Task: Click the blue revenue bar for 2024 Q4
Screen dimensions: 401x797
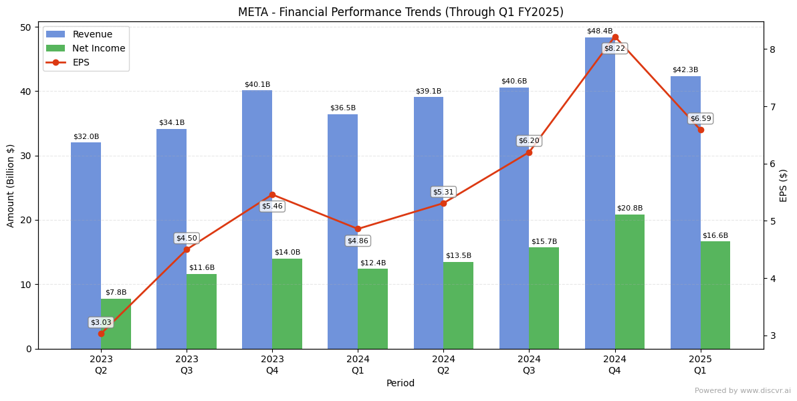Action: click(x=600, y=194)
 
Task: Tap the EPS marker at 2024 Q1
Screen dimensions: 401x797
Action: click(x=358, y=229)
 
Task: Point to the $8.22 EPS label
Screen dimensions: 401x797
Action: click(x=614, y=49)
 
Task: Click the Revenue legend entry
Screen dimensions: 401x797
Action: click(x=92, y=35)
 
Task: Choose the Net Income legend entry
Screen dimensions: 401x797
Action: click(x=98, y=49)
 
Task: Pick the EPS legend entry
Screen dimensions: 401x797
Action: click(x=80, y=63)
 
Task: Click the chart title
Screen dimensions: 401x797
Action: click(x=401, y=13)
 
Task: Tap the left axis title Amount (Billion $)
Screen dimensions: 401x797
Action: click(x=11, y=185)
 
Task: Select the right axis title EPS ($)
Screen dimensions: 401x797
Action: click(x=784, y=185)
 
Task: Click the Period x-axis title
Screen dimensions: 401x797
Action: click(x=401, y=384)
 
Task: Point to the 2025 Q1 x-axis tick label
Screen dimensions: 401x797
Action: click(x=700, y=365)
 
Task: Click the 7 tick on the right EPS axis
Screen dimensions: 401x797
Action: click(x=772, y=107)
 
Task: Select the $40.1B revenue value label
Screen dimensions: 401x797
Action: click(x=257, y=85)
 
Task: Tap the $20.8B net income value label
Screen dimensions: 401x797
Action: click(x=629, y=209)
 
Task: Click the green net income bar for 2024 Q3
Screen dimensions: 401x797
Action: click(x=544, y=297)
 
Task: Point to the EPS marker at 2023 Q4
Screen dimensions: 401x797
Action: click(x=272, y=194)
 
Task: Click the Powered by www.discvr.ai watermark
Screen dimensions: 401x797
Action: click(x=742, y=391)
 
